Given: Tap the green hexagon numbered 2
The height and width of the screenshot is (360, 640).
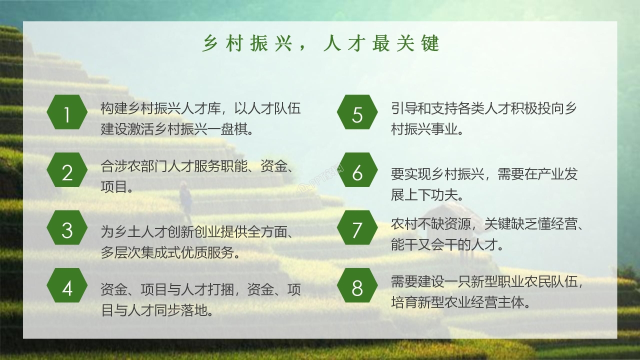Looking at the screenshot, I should (67, 173).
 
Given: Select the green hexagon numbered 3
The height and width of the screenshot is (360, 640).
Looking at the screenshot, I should (67, 230).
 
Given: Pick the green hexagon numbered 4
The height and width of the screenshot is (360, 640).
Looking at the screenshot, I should (67, 288).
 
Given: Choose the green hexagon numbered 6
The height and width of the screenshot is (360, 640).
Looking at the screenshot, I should (357, 173).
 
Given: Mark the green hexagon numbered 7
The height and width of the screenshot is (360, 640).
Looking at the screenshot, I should (357, 230).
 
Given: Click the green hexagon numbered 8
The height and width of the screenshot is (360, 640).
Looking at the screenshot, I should (357, 288).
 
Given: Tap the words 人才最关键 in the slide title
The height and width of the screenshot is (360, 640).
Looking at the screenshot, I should (381, 44).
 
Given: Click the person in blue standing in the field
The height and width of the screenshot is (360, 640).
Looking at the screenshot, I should (186, 200).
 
